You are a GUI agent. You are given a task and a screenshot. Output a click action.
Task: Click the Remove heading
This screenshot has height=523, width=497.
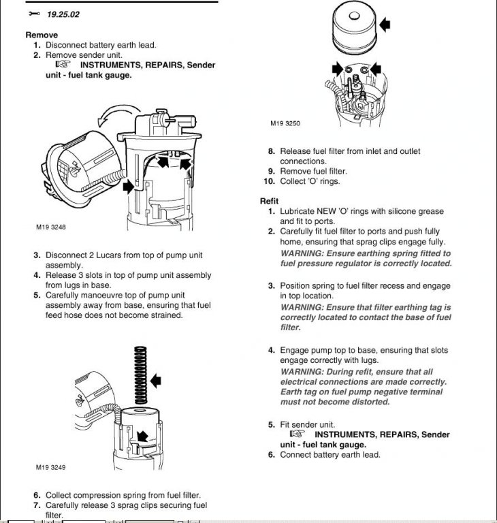tap(42, 35)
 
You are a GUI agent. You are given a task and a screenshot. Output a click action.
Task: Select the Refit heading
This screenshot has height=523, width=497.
tap(270, 202)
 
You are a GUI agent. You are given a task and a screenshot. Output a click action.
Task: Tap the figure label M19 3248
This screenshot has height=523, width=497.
tap(51, 228)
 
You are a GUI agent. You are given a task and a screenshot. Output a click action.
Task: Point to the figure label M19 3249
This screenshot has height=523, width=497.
tap(51, 468)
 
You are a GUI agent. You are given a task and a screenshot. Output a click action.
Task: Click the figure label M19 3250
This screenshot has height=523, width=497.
tap(285, 123)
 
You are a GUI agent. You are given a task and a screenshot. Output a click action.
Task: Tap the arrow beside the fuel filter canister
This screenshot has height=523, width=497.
tap(385, 25)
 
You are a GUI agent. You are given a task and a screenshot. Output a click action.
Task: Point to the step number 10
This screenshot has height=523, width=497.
tap(268, 181)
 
